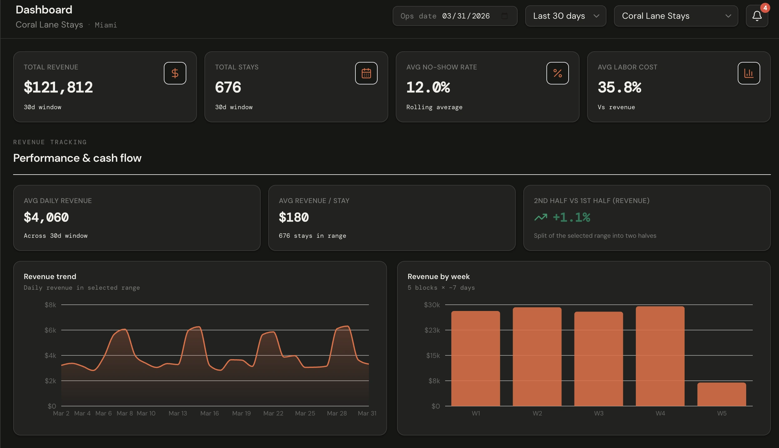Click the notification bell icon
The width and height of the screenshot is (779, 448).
click(x=757, y=16)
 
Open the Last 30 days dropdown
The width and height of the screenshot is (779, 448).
click(x=565, y=16)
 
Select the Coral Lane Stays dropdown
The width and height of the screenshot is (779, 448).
click(x=676, y=16)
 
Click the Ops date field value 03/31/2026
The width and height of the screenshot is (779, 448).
click(x=466, y=16)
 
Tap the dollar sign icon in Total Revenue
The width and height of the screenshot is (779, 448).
click(x=175, y=73)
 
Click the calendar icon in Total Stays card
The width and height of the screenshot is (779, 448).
click(x=366, y=73)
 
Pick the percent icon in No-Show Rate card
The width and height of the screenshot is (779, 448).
click(x=557, y=73)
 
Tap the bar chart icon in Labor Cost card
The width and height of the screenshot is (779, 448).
click(x=749, y=73)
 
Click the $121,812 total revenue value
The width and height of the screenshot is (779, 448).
click(x=58, y=87)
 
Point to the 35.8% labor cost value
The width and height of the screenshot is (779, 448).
click(x=619, y=87)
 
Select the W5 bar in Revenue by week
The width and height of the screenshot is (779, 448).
click(x=721, y=394)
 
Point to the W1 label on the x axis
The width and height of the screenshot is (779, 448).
click(x=476, y=413)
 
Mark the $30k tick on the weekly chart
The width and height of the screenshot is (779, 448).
click(x=432, y=305)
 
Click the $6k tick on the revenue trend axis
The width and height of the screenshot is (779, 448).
click(x=50, y=330)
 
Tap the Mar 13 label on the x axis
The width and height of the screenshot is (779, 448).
click(x=178, y=413)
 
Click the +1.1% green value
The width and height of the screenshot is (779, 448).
click(x=571, y=217)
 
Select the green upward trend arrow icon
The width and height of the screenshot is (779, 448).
click(x=541, y=217)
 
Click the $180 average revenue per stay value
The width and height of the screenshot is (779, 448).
click(x=294, y=217)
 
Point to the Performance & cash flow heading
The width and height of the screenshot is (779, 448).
click(x=77, y=158)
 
